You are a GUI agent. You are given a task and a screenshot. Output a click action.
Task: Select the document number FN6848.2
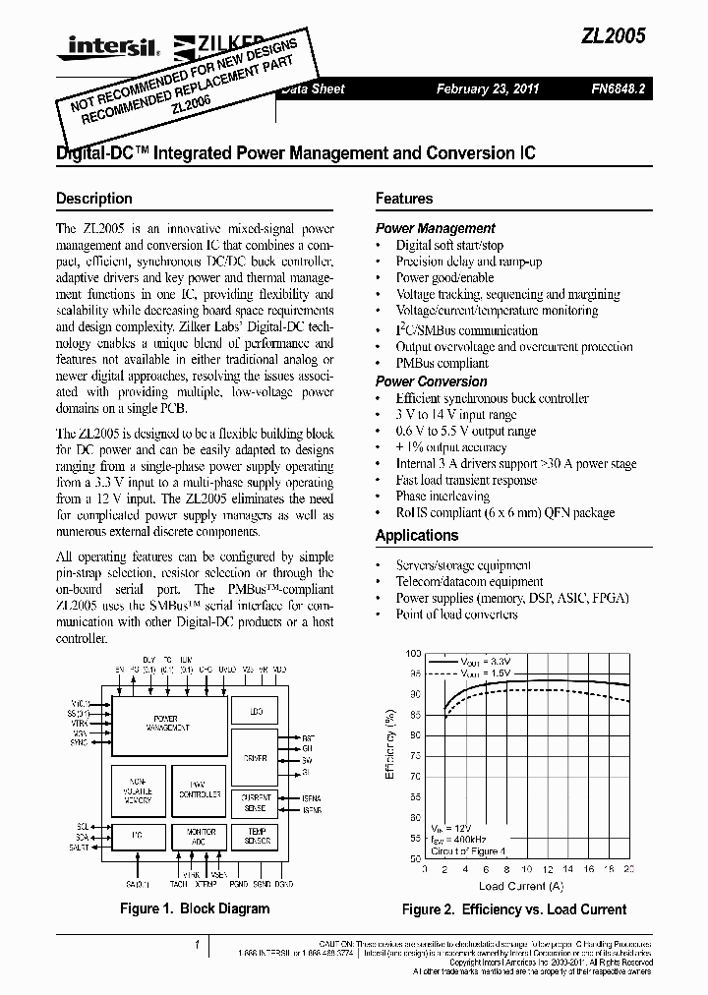pyautogui.click(x=618, y=88)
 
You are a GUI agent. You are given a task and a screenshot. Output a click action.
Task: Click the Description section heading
pyautogui.click(x=94, y=199)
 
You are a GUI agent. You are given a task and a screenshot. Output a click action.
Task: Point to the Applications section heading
pyautogui.click(x=417, y=536)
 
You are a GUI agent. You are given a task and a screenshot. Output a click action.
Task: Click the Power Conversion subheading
pyautogui.click(x=431, y=381)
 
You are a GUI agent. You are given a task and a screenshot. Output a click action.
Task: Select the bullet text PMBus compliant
pyautogui.click(x=442, y=363)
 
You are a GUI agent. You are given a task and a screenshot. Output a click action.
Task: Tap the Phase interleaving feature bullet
pyautogui.click(x=442, y=497)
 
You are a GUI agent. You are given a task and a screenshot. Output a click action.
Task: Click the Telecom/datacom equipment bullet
pyautogui.click(x=456, y=582)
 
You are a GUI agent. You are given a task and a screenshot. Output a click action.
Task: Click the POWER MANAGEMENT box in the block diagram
pyautogui.click(x=167, y=723)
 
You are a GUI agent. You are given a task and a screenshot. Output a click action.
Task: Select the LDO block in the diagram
pyautogui.click(x=256, y=712)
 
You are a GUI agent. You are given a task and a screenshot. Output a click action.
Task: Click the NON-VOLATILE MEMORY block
pyautogui.click(x=138, y=789)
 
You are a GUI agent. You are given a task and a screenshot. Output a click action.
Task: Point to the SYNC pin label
pyautogui.click(x=80, y=743)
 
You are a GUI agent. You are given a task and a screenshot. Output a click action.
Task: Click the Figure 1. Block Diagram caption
pyautogui.click(x=194, y=908)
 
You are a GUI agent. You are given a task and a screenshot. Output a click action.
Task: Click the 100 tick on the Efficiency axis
pyautogui.click(x=413, y=654)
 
